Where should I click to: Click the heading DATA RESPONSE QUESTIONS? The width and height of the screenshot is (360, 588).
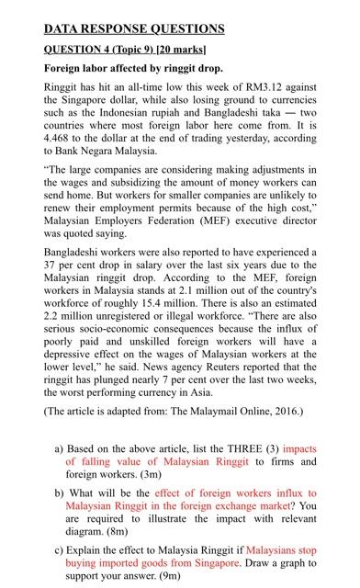coord(133,28)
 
